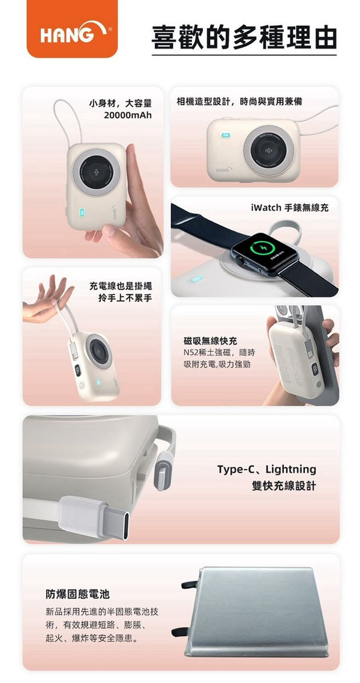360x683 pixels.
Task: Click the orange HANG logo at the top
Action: click(72, 28)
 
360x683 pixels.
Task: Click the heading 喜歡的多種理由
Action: click(244, 37)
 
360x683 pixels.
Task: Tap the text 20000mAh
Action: click(128, 115)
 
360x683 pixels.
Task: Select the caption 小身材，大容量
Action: click(120, 103)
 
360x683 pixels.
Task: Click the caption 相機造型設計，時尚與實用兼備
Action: click(239, 101)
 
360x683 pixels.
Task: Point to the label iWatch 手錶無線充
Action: click(290, 208)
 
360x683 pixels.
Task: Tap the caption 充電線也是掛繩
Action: click(120, 287)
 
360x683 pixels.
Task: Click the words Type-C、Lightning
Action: click(267, 469)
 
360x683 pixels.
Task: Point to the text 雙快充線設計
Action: click(284, 485)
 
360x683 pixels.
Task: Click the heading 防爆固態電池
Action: click(78, 594)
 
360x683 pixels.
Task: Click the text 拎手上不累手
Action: click(125, 299)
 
